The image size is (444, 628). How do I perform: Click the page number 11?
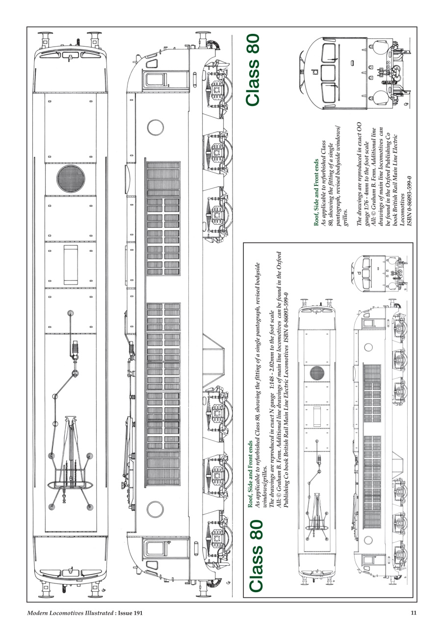[414, 613]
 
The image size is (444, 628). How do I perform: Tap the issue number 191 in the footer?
[138, 613]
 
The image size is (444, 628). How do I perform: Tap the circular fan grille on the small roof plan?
[317, 374]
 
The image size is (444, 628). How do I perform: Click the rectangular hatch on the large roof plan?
[71, 265]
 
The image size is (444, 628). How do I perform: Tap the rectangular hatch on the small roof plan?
[317, 417]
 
